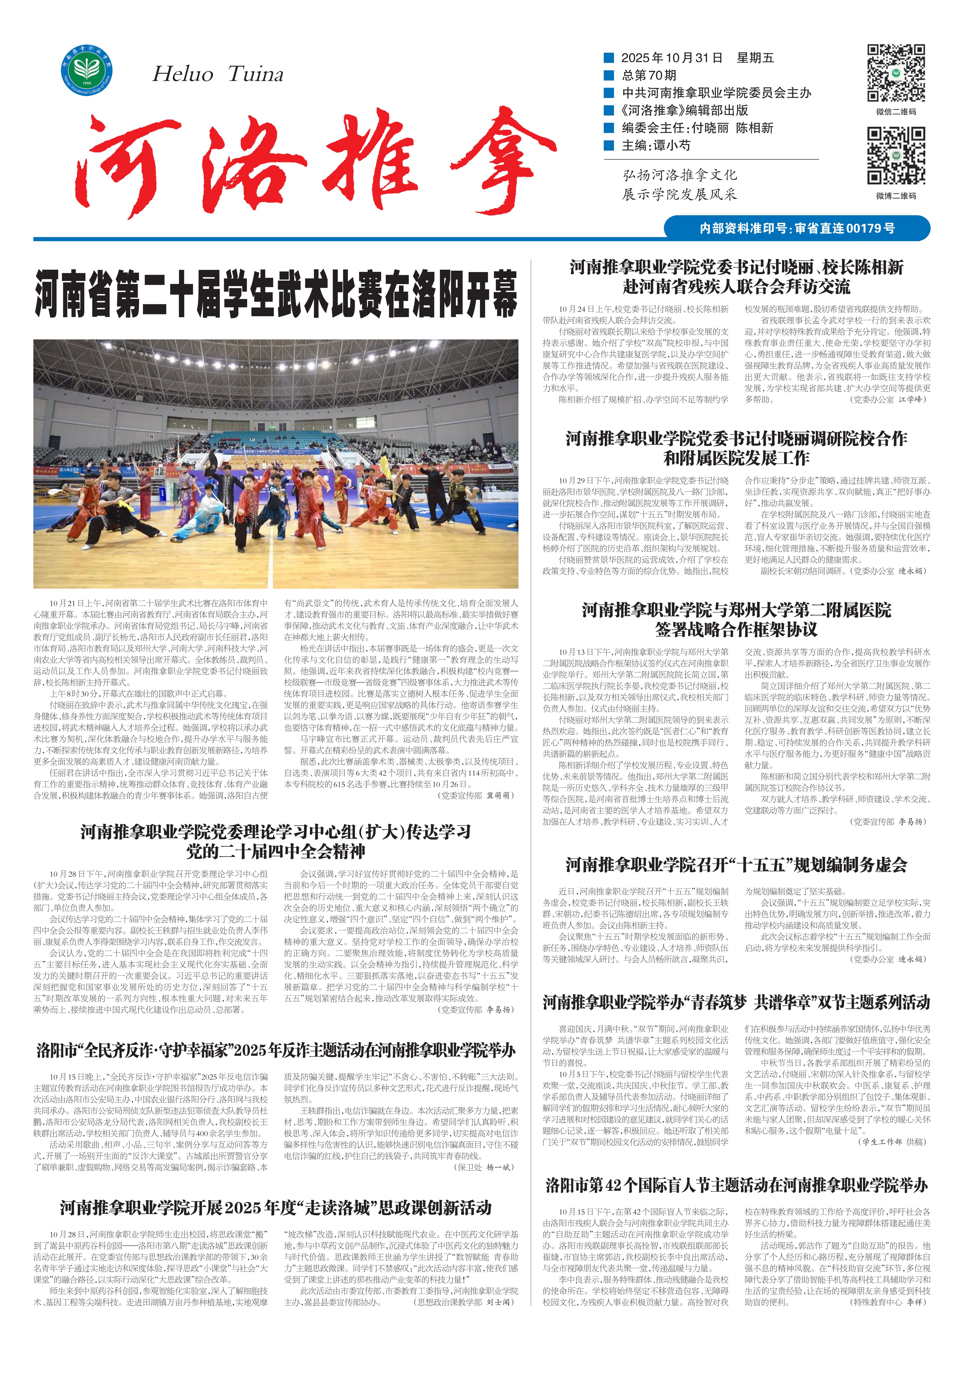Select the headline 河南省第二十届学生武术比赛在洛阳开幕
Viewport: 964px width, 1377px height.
(276, 294)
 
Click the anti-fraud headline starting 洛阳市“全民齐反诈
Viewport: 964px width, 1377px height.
(276, 1050)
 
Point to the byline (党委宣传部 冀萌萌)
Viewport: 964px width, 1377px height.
(477, 795)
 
